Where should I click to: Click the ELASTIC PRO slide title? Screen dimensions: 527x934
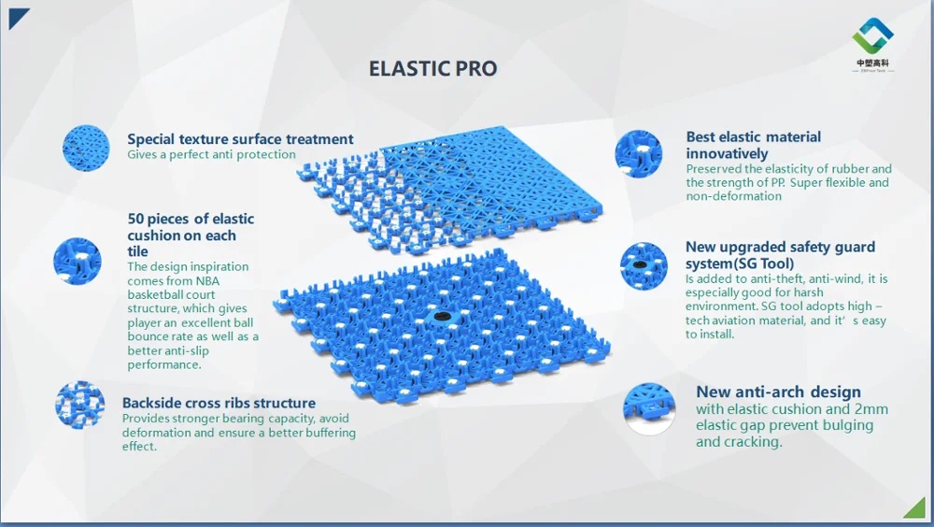[432, 69]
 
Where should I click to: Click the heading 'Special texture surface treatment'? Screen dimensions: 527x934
[240, 139]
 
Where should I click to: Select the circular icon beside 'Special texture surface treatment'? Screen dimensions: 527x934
[86, 148]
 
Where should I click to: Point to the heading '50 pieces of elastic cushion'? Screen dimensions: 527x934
[191, 226]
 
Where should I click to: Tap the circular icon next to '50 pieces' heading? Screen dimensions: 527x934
[78, 261]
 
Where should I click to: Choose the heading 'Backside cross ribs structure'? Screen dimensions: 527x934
[219, 403]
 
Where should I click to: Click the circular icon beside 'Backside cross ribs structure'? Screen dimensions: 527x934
[80, 405]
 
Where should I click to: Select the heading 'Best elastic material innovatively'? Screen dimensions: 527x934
[753, 145]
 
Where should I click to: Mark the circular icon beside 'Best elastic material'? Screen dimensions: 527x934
[639, 154]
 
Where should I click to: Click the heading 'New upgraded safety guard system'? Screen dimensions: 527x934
[780, 254]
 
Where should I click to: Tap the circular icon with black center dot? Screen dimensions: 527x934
[644, 264]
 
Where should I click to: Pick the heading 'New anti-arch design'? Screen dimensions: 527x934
[778, 392]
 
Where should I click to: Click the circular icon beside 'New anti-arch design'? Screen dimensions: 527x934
[649, 409]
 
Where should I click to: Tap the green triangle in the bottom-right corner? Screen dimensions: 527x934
[916, 508]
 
